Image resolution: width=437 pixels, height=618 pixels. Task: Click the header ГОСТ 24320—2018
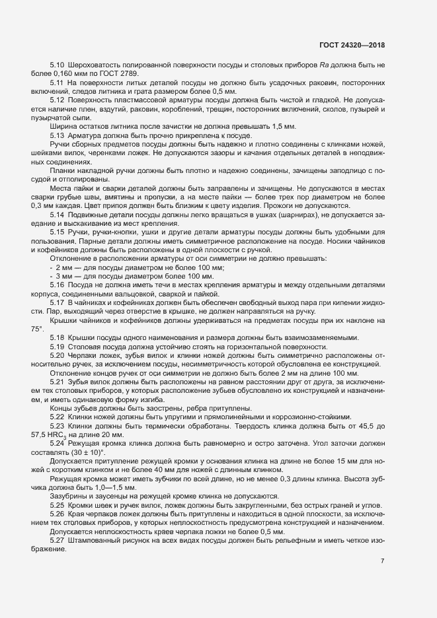(352, 46)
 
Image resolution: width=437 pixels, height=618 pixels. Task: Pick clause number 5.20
(58, 355)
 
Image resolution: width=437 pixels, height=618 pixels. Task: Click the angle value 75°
(36, 328)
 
